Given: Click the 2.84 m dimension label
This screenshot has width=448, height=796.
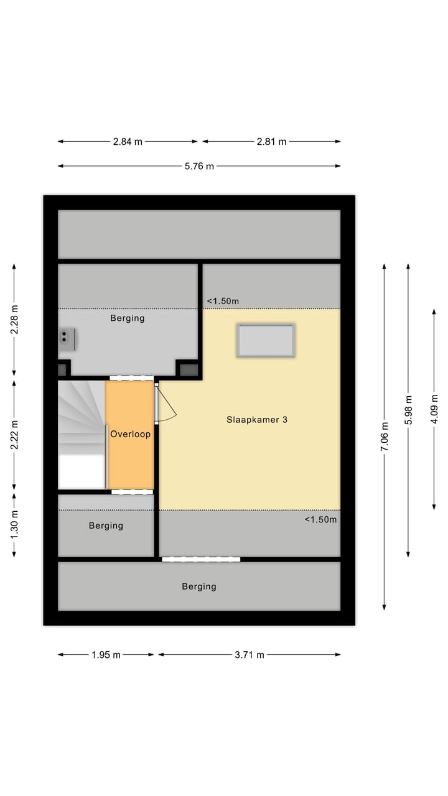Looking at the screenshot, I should pyautogui.click(x=128, y=141).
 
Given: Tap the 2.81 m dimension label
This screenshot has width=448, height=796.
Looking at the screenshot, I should pyautogui.click(x=271, y=141).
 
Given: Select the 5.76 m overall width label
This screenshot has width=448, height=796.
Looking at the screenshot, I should pyautogui.click(x=199, y=166).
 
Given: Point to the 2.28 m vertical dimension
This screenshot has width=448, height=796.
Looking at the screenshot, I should pyautogui.click(x=14, y=319).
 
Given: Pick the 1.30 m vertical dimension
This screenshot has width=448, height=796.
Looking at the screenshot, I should pyautogui.click(x=14, y=524).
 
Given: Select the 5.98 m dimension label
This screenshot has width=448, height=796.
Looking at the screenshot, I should pyautogui.click(x=408, y=410).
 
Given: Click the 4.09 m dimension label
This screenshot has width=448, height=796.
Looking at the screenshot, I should pyautogui.click(x=434, y=409).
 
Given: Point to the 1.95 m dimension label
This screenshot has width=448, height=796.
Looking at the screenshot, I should pyautogui.click(x=106, y=654).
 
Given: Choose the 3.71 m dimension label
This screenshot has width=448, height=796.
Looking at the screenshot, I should pyautogui.click(x=250, y=654).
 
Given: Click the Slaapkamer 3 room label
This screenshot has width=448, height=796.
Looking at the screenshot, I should pyautogui.click(x=256, y=420).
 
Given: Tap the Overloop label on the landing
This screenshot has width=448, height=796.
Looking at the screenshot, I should pyautogui.click(x=130, y=434).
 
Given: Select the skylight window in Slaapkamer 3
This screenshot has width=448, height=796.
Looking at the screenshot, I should pyautogui.click(x=266, y=340).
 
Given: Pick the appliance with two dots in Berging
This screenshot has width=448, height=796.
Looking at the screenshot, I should pyautogui.click(x=67, y=339).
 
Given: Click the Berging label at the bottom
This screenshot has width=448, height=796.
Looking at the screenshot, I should pyautogui.click(x=199, y=586).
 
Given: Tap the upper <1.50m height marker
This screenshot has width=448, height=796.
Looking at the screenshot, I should pyautogui.click(x=223, y=301).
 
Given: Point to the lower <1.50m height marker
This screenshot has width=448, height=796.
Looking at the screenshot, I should pyautogui.click(x=320, y=519).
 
